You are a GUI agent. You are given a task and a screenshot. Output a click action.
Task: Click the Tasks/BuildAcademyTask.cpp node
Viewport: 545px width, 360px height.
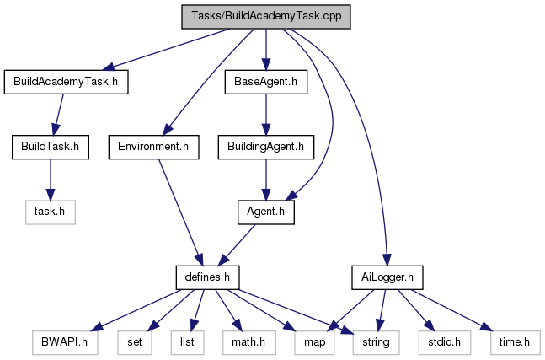point(266,17)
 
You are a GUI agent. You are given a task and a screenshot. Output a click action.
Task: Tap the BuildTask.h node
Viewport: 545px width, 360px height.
point(50,148)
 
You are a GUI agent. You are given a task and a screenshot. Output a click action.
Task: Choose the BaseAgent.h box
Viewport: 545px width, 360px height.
point(265,82)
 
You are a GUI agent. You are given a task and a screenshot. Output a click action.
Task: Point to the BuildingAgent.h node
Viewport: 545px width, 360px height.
point(265,148)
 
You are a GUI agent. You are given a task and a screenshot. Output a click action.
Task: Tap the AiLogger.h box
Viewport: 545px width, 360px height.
point(387,276)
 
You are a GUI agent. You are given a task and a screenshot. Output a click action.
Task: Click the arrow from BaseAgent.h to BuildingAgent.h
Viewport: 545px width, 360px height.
point(265,115)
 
